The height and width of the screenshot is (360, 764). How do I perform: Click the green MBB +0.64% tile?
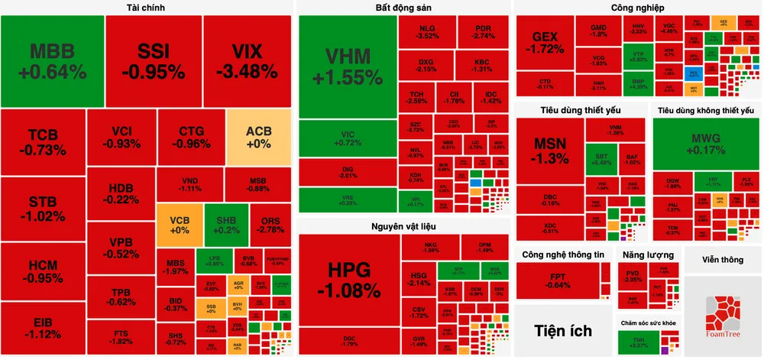coord(53,61)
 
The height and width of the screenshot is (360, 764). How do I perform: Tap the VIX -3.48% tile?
coord(248,61)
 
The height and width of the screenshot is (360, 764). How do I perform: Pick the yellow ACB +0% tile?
coord(258,138)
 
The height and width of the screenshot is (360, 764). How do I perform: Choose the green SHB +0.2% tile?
coord(226,225)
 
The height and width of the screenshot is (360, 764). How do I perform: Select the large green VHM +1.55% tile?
coord(347,66)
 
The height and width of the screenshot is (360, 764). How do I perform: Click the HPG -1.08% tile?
coord(348,280)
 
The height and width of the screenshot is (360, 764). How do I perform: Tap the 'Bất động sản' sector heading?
coord(403,8)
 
